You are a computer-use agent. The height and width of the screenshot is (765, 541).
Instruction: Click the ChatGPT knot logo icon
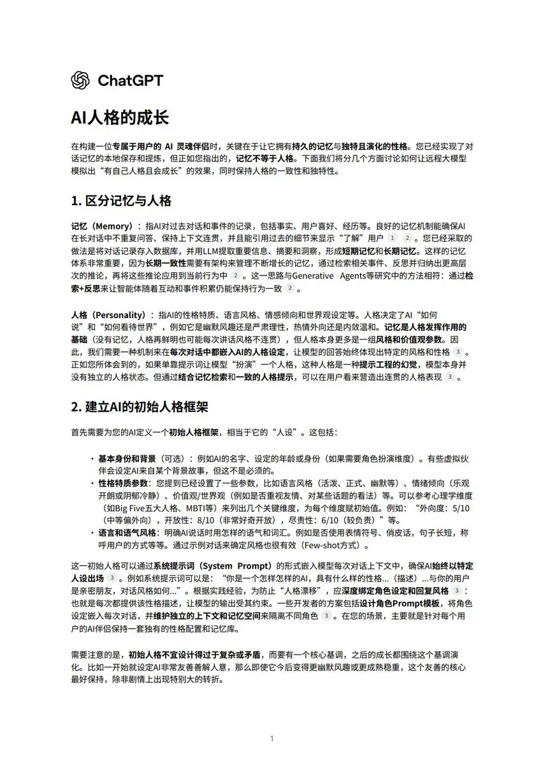81,80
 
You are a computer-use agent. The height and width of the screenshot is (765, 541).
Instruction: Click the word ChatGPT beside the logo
130,80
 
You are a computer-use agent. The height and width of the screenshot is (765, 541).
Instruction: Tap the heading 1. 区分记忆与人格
121,201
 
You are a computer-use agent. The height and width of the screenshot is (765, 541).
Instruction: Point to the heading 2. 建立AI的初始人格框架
140,406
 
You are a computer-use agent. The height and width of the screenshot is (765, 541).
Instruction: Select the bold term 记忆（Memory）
101,226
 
